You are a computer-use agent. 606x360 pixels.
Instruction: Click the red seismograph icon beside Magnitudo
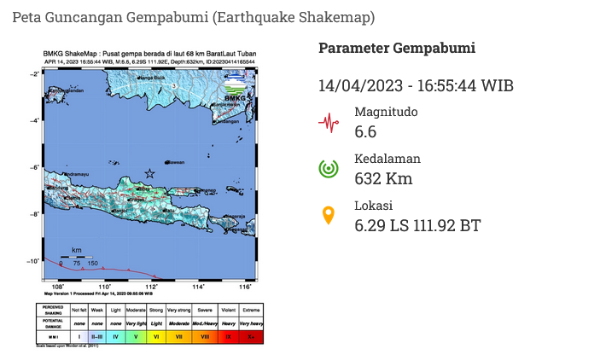[x=329, y=122]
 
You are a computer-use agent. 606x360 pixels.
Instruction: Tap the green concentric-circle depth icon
[x=329, y=169]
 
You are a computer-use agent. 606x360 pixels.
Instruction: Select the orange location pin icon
[x=329, y=216]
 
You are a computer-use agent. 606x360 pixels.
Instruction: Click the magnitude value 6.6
[x=365, y=131]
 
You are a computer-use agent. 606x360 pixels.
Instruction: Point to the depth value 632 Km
[x=383, y=178]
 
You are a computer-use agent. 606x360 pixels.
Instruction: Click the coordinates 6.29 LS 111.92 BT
[x=417, y=225]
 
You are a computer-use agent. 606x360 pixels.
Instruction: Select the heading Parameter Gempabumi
[x=397, y=48]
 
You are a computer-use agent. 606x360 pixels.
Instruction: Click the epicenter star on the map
[x=150, y=173]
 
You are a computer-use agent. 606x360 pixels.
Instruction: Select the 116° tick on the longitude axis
[x=246, y=287]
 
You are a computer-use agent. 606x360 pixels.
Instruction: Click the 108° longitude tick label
[x=58, y=287]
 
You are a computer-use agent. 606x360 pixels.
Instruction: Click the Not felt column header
[x=79, y=309]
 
